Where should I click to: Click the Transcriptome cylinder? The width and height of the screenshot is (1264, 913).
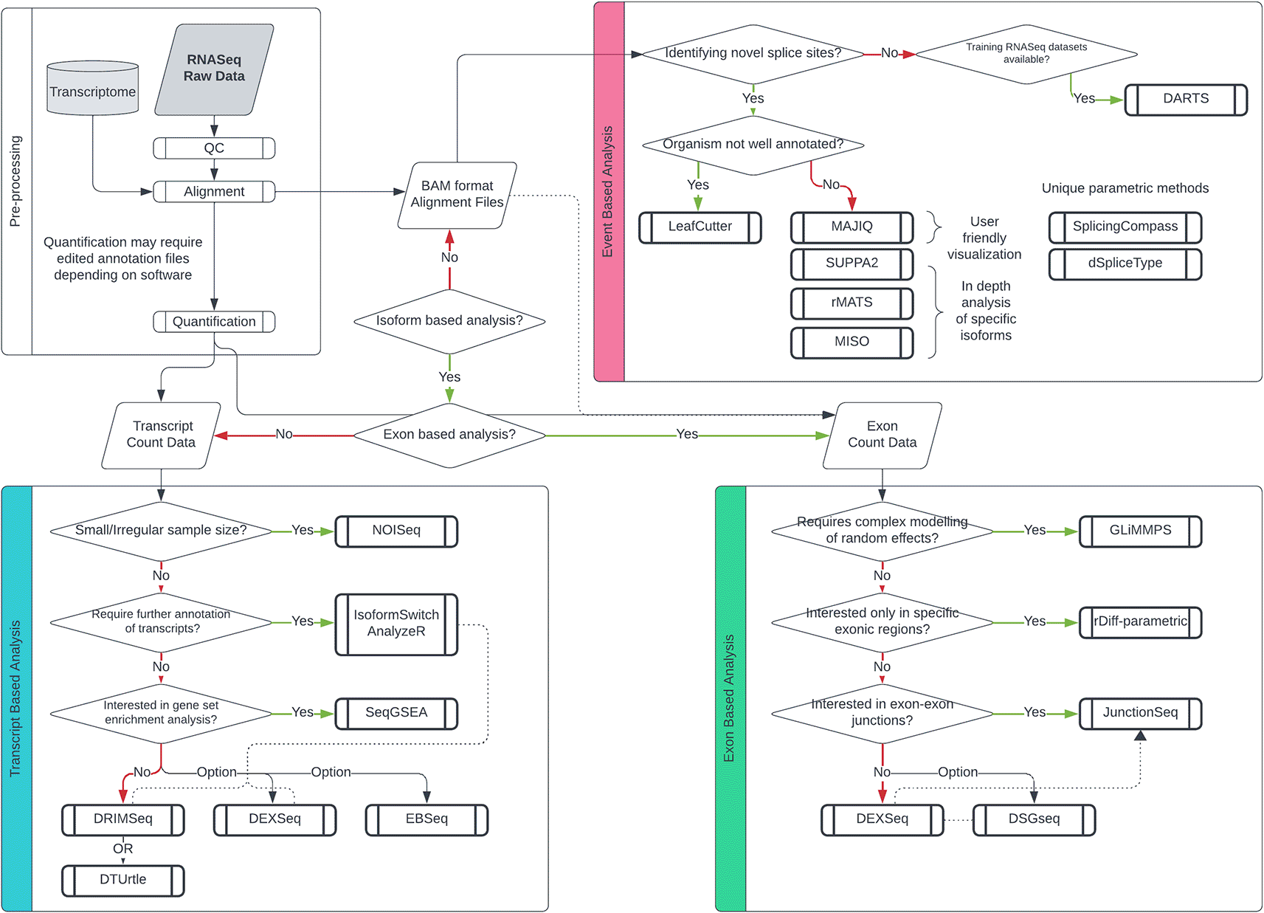(92, 89)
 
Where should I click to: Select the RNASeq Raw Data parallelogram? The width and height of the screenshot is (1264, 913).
(214, 69)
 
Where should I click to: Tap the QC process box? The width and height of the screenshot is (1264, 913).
(214, 148)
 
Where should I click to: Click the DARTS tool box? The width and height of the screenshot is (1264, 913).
(1186, 99)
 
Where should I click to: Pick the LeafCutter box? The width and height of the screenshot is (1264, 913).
(700, 227)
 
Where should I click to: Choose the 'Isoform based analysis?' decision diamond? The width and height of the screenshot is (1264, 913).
(449, 320)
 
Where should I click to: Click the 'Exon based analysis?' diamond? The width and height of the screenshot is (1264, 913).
(449, 435)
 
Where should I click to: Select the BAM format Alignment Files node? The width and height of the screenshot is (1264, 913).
(457, 194)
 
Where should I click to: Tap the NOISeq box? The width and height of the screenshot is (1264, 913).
(396, 531)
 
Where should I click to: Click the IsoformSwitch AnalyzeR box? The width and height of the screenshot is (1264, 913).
(396, 624)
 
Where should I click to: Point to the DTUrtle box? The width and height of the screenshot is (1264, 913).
(122, 880)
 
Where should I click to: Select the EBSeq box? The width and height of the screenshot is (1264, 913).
(426, 819)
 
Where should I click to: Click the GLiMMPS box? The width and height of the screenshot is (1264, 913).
(1140, 531)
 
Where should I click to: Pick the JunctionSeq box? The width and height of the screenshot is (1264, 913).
(1140, 713)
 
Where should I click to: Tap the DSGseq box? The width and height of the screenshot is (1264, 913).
(1034, 819)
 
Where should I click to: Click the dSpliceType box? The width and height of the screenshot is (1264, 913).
(1125, 263)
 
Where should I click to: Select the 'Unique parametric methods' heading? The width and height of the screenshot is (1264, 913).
(1125, 188)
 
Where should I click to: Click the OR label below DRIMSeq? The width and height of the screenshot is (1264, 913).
(122, 849)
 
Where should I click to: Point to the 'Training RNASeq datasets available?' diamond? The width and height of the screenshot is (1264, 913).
(1026, 53)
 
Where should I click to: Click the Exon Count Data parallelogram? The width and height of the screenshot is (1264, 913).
(882, 435)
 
